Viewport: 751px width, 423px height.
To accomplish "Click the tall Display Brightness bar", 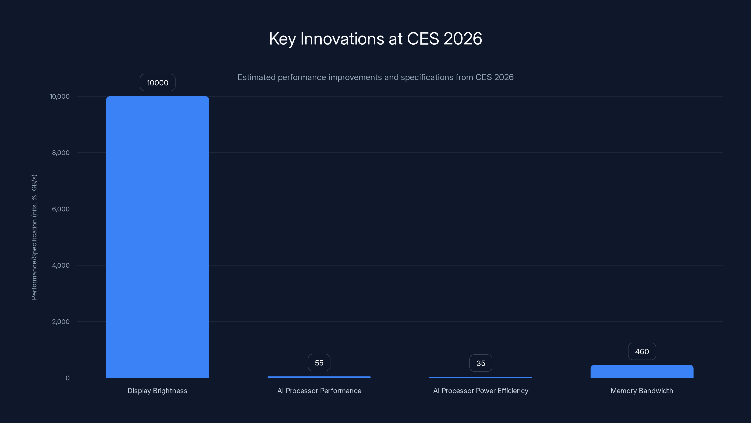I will pyautogui.click(x=157, y=236).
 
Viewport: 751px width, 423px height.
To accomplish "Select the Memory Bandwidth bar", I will pyautogui.click(x=642, y=371).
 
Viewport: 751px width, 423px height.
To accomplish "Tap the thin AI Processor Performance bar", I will pyautogui.click(x=319, y=377).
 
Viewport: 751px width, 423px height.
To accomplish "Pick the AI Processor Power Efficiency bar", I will pyautogui.click(x=480, y=377).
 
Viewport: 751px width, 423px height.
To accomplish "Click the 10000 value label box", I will pyautogui.click(x=157, y=83).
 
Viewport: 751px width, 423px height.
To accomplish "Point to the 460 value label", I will pyautogui.click(x=642, y=352).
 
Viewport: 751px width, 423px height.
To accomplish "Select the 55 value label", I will pyautogui.click(x=319, y=363).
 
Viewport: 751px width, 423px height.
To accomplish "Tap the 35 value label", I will pyautogui.click(x=480, y=363).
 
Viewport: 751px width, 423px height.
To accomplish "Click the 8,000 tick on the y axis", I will pyautogui.click(x=61, y=153).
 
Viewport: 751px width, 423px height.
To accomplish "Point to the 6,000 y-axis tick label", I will pyautogui.click(x=61, y=209).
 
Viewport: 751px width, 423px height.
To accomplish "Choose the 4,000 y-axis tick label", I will pyautogui.click(x=61, y=265).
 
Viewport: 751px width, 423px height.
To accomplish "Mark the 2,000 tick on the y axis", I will pyautogui.click(x=61, y=322).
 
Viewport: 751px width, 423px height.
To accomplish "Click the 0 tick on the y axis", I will pyautogui.click(x=68, y=378).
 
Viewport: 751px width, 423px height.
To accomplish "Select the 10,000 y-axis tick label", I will pyautogui.click(x=59, y=96).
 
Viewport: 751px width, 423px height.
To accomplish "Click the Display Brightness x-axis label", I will pyautogui.click(x=157, y=391).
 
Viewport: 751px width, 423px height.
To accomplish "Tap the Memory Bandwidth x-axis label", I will pyautogui.click(x=642, y=391).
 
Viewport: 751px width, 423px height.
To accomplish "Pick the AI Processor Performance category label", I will pyautogui.click(x=319, y=391).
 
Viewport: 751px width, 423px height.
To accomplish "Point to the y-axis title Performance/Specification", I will pyautogui.click(x=34, y=237).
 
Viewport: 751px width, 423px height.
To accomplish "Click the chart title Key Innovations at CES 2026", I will pyautogui.click(x=375, y=39).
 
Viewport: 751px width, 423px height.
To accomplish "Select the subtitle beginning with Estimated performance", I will pyautogui.click(x=375, y=77).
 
